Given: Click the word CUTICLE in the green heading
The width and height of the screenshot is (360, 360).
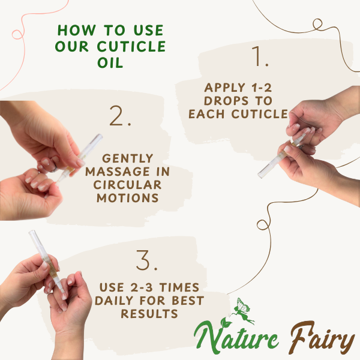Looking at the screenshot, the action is tap(131, 46).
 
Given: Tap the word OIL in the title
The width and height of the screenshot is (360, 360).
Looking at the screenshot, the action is tap(110, 62).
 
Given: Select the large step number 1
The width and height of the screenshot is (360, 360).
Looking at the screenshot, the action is tap(260, 56).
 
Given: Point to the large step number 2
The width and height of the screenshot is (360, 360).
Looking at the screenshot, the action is tap(120, 116).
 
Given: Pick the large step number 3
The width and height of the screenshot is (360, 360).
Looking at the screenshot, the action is tap(147, 260).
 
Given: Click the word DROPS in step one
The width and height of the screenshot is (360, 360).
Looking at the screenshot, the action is tap(226, 101).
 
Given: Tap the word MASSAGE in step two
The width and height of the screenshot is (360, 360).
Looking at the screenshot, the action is tap(118, 172).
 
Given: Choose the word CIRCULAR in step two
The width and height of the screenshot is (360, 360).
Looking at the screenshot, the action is tap(127, 185).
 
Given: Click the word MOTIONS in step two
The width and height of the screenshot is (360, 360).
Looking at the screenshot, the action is tap(128, 198).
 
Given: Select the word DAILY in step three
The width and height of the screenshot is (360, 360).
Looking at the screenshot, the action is tap(114, 301).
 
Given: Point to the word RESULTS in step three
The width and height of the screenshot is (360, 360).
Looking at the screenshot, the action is tap(149, 314).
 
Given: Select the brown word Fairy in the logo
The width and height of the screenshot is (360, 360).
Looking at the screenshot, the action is tap(322, 337).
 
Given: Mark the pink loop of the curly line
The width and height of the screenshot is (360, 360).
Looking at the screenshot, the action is tap(18, 34).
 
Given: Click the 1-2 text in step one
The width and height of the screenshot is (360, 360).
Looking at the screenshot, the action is tap(262, 88).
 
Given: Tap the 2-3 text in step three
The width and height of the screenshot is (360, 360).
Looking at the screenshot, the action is tap(142, 287).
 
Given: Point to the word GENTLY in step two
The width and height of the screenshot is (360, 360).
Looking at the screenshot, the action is tap(128, 158).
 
